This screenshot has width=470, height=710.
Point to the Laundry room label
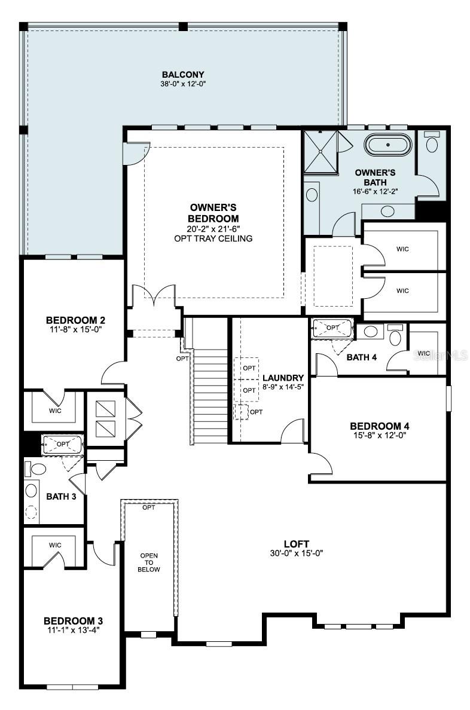(x=283, y=378)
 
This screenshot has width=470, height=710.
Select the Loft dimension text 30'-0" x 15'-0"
(x=297, y=553)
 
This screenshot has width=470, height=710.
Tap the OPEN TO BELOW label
(x=149, y=562)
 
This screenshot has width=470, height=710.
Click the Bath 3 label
(x=61, y=497)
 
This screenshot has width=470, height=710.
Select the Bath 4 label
(x=362, y=357)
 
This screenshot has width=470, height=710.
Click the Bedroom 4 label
(x=380, y=426)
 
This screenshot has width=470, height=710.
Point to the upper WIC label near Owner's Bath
(x=402, y=249)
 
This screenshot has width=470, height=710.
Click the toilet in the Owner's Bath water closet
(x=431, y=143)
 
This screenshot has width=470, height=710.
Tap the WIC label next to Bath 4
(x=424, y=353)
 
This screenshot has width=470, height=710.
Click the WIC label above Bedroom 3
(x=55, y=545)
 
